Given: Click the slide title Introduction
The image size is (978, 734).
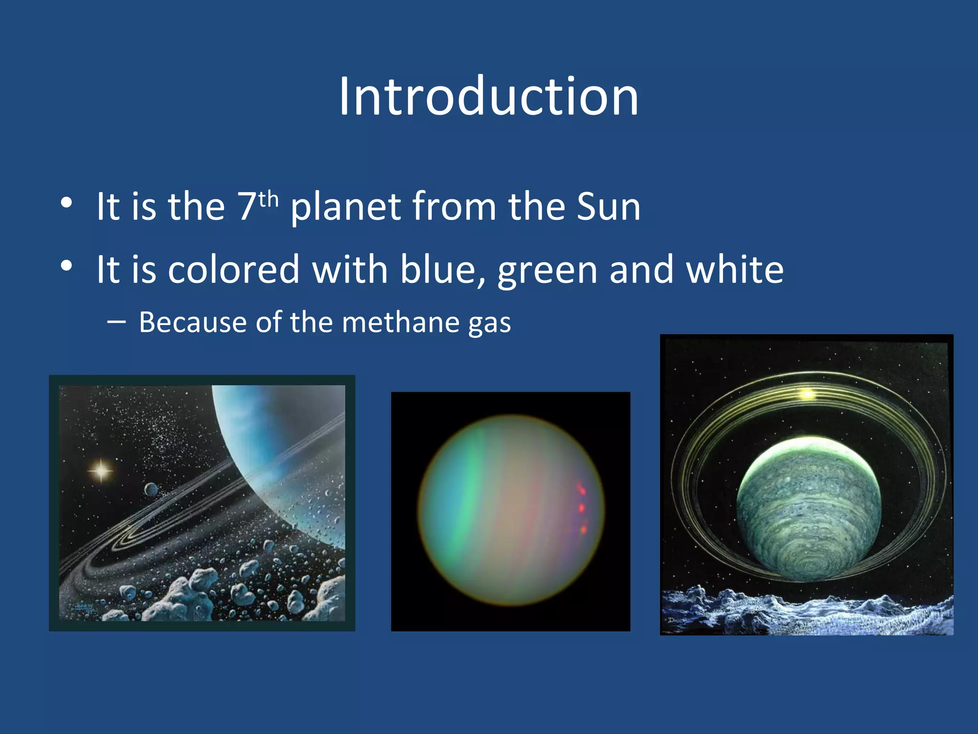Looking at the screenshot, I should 489,97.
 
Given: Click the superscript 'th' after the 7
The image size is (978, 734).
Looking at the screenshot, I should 269,199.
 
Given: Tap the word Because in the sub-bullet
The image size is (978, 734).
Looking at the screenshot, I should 192,322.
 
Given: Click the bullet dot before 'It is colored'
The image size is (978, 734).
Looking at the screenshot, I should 66,266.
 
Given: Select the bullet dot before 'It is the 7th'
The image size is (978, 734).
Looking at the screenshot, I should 66,203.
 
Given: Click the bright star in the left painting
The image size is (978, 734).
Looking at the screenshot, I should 101,471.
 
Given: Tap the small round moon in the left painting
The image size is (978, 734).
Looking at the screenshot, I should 151,489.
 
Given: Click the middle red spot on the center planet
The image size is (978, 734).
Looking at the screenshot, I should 581,507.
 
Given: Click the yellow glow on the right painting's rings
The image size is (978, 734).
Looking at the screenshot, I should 807,394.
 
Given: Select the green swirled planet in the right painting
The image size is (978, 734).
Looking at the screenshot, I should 808,511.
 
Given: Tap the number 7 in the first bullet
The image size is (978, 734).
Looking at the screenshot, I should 247,207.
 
